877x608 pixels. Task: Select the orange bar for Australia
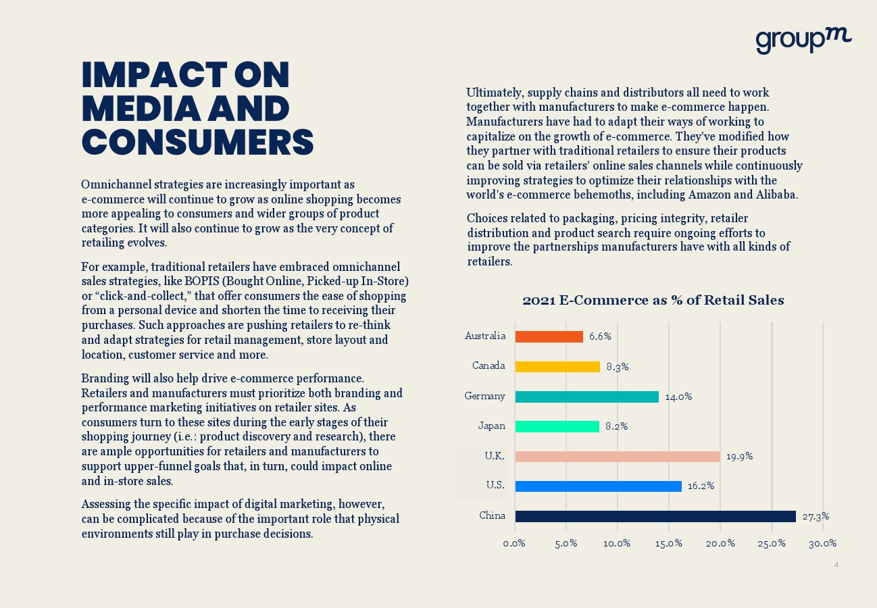[x=549, y=336]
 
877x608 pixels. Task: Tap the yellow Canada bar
[x=557, y=367]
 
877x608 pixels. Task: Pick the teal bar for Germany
[x=586, y=397]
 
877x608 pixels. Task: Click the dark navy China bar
[x=655, y=516]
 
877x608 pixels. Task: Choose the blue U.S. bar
[x=598, y=486]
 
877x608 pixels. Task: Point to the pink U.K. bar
[x=617, y=457]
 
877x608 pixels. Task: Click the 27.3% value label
[x=816, y=516]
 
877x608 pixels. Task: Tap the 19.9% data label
[x=739, y=457]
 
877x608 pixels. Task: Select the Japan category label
[x=491, y=426]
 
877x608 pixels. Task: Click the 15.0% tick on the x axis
[x=668, y=544]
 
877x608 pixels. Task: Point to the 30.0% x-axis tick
[x=822, y=544]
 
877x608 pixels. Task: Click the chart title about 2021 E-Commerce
[x=653, y=301]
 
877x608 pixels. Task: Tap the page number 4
[x=836, y=565]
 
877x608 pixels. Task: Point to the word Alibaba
[x=776, y=195]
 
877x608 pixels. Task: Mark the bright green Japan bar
[x=557, y=426]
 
